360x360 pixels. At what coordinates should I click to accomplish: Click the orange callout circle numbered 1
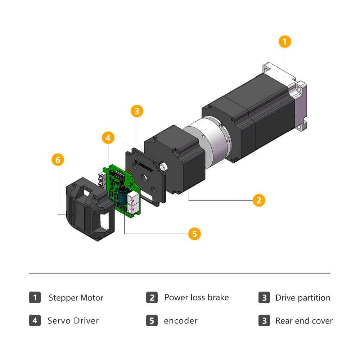click(284, 42)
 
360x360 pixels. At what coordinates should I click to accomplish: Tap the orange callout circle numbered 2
click(259, 200)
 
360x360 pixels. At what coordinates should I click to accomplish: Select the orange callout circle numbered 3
click(136, 111)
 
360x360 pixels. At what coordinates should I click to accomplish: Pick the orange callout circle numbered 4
click(108, 137)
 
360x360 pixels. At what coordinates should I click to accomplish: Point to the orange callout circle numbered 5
click(194, 234)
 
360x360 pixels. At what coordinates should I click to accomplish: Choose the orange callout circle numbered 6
click(58, 159)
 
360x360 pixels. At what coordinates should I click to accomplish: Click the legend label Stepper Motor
click(76, 298)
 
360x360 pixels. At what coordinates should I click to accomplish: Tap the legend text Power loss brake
click(196, 297)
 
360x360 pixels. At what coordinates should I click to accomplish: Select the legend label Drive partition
click(303, 298)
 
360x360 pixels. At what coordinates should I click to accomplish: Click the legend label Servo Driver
click(73, 321)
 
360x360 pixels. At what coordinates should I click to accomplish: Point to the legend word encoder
click(181, 321)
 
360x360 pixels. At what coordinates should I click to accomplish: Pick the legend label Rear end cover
click(304, 321)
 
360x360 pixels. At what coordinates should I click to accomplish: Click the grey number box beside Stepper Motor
click(35, 298)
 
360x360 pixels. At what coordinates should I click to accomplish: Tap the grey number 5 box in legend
click(152, 320)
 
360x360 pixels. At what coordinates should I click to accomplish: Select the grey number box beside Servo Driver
click(35, 320)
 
